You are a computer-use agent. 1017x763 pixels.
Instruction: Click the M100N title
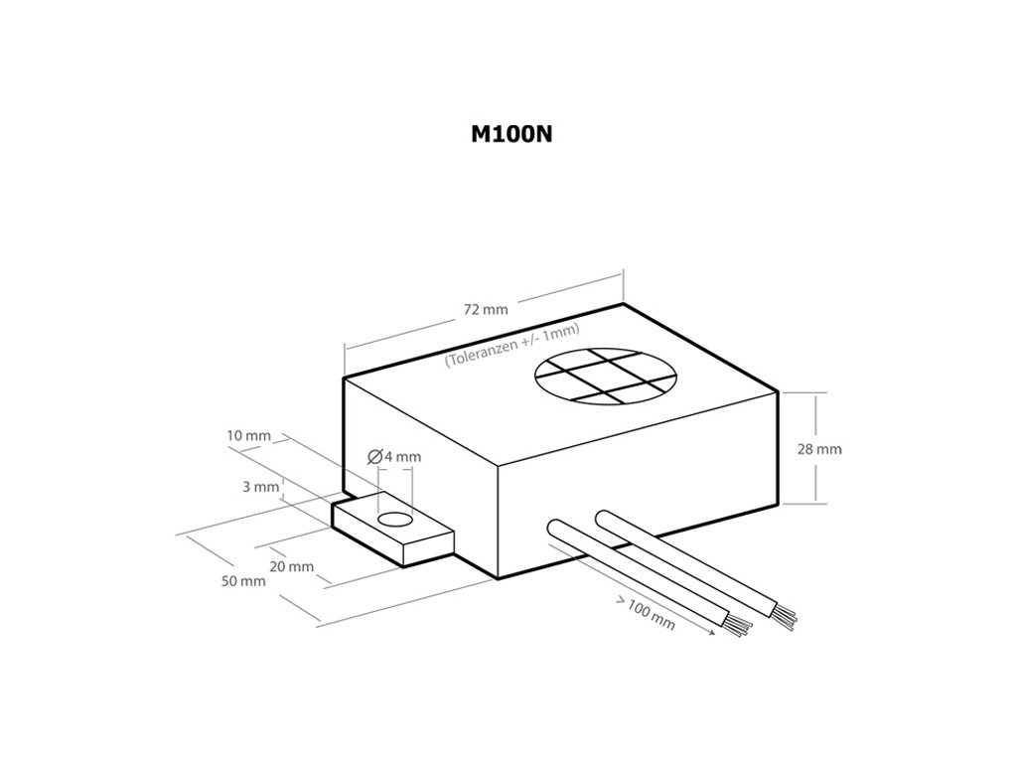click(x=510, y=135)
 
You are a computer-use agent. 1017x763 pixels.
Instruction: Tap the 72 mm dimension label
click(x=486, y=309)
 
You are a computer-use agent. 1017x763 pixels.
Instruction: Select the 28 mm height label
click(x=819, y=449)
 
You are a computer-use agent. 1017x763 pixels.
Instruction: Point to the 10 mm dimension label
click(x=248, y=436)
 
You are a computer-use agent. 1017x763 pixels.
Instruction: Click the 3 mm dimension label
click(x=260, y=487)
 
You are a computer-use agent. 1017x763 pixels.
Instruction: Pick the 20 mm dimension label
click(x=292, y=566)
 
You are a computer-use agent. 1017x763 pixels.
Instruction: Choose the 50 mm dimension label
click(x=243, y=581)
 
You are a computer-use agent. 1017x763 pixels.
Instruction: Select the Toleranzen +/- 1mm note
click(x=511, y=346)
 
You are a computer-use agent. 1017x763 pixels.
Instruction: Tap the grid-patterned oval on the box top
click(x=606, y=377)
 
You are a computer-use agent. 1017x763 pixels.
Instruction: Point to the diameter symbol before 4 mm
click(x=374, y=457)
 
